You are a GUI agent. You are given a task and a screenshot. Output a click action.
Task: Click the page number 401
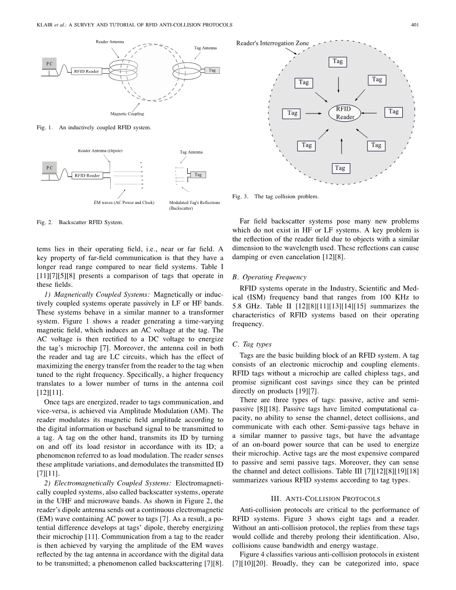click(x=415, y=24)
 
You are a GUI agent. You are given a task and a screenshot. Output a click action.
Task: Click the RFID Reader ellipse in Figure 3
click(x=345, y=113)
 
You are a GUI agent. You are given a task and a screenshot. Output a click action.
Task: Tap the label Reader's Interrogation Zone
click(x=273, y=43)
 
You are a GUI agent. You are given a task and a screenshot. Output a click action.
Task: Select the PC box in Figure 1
click(x=49, y=64)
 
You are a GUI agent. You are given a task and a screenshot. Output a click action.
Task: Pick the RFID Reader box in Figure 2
click(x=87, y=175)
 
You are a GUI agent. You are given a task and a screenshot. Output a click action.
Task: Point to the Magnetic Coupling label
click(x=127, y=114)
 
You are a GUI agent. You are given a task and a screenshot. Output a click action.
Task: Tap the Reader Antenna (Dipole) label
click(x=100, y=151)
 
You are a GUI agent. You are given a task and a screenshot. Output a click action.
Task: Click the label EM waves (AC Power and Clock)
click(x=124, y=203)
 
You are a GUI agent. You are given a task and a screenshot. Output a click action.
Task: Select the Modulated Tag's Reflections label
click(x=194, y=203)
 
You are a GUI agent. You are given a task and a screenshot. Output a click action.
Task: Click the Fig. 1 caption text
click(x=93, y=128)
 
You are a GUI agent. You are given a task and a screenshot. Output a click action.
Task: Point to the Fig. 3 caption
click(x=275, y=196)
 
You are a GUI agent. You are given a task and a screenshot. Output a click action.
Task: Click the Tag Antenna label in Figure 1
click(x=205, y=48)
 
